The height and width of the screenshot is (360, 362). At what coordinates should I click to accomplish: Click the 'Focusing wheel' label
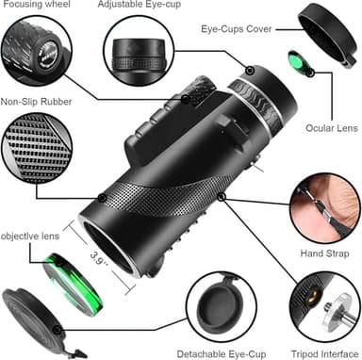tap(38, 4)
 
